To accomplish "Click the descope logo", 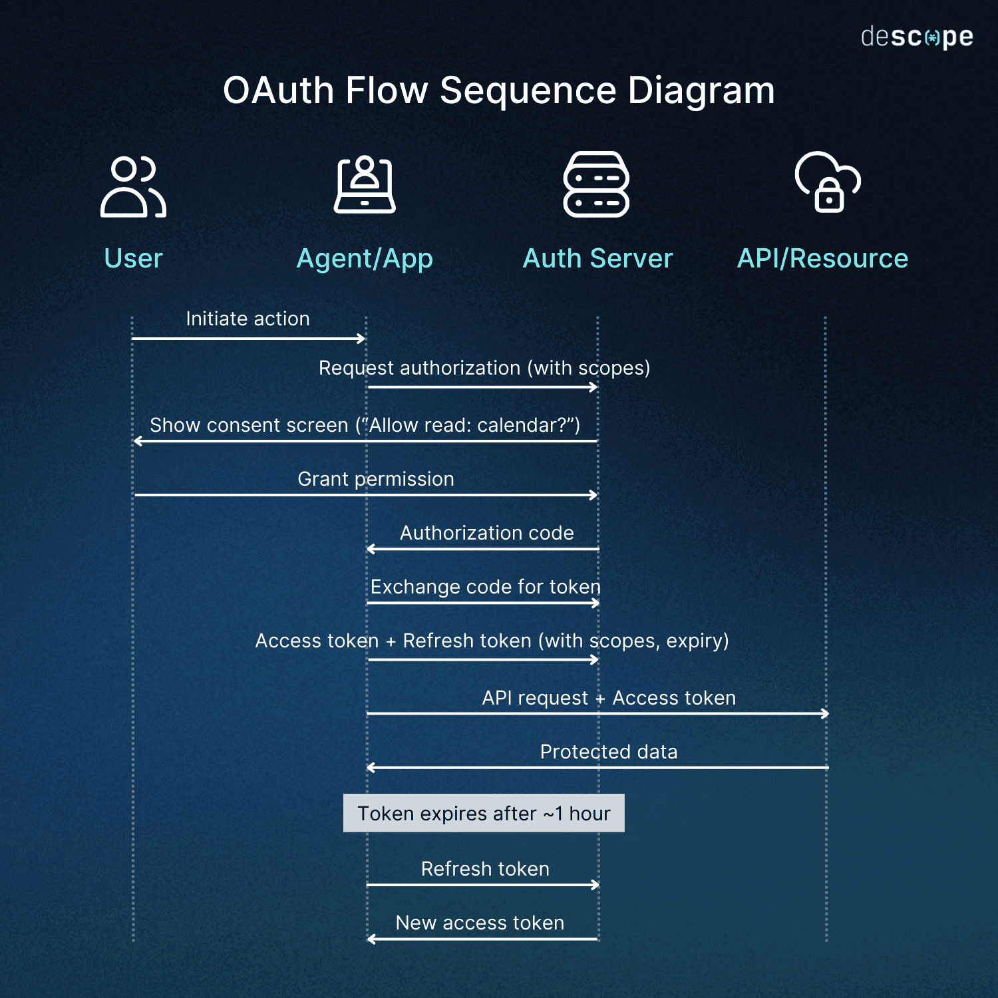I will (916, 37).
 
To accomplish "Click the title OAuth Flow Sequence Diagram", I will (498, 90).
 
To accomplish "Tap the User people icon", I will (133, 187).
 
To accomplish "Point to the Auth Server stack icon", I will (596, 184).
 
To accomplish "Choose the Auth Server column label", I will (597, 258).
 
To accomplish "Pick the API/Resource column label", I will (822, 258).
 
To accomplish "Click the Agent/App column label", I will (365, 259).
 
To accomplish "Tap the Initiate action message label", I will (248, 319).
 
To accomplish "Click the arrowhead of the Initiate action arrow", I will (361, 339).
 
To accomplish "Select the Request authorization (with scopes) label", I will (484, 368).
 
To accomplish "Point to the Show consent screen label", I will (365, 425).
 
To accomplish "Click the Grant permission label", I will (376, 479).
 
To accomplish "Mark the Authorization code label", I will (486, 533).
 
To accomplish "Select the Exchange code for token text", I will (485, 587).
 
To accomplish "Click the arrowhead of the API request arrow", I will (825, 714).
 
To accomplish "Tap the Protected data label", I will (609, 752).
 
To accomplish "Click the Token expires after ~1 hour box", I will (484, 813).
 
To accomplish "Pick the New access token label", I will (480, 923).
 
